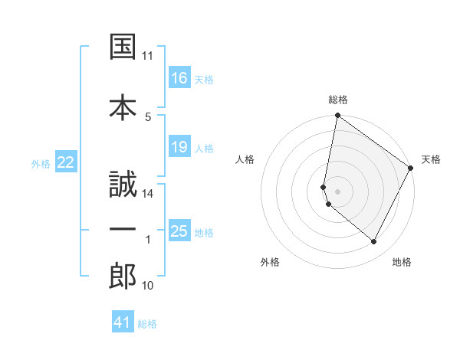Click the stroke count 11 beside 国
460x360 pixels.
click(x=148, y=56)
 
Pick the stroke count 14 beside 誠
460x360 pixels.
click(x=148, y=194)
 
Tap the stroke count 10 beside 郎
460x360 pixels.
click(x=148, y=286)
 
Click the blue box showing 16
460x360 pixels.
click(x=179, y=78)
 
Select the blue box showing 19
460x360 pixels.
click(x=179, y=147)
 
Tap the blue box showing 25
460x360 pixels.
click(x=179, y=231)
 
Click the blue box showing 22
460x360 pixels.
click(x=66, y=162)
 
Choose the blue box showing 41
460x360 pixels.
click(x=123, y=322)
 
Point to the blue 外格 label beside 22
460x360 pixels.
click(x=41, y=163)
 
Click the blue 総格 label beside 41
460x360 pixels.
click(x=147, y=323)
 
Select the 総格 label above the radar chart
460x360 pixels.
click(x=338, y=100)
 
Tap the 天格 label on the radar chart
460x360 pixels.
click(x=431, y=159)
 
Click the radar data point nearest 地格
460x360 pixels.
click(x=374, y=242)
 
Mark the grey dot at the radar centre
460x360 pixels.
click(x=338, y=191)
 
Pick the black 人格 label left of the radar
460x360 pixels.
click(x=245, y=159)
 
